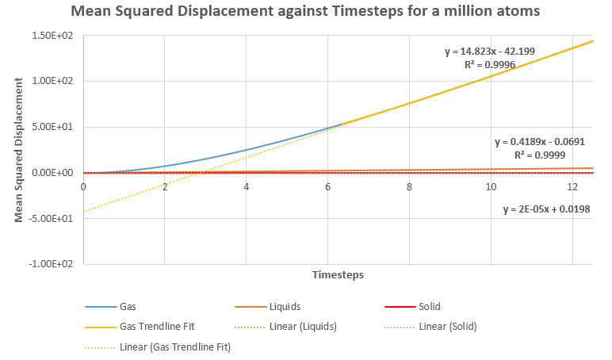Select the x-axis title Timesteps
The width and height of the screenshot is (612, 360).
click(x=339, y=275)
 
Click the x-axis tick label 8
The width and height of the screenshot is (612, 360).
click(x=409, y=187)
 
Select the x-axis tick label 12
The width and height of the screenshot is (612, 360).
click(x=572, y=187)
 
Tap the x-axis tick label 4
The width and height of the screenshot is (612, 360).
click(x=247, y=187)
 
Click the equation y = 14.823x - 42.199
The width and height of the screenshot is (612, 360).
click(x=489, y=52)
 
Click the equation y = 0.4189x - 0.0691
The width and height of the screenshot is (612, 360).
click(x=539, y=142)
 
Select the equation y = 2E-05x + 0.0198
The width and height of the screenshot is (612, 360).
click(x=547, y=209)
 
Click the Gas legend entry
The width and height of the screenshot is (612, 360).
click(x=128, y=306)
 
